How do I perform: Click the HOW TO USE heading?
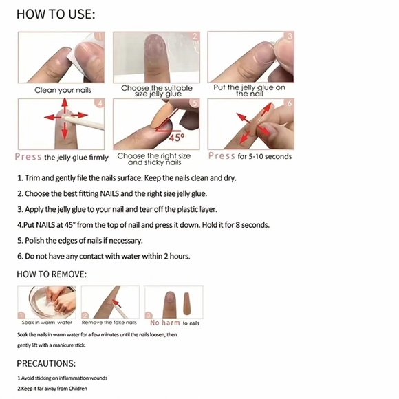tap(56, 14)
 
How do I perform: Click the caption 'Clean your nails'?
tap(63, 90)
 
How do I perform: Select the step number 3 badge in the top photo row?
tap(290, 36)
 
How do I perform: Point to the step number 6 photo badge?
tap(290, 103)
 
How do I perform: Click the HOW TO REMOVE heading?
tap(52, 274)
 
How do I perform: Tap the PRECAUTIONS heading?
tap(46, 363)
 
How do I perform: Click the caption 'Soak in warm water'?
tap(47, 322)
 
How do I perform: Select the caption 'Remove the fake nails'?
tap(109, 322)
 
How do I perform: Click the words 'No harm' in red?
tap(165, 322)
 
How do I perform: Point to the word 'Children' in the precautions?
tap(76, 389)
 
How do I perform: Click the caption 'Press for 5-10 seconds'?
tap(250, 156)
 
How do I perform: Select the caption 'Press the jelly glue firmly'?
tap(62, 157)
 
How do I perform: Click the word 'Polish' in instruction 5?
tap(36, 241)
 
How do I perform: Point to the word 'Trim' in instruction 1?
tap(35, 177)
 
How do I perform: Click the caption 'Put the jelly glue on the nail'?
tap(250, 90)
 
